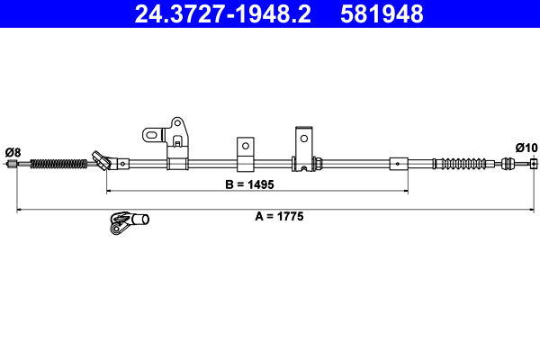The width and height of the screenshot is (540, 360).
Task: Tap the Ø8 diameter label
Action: click(x=13, y=150)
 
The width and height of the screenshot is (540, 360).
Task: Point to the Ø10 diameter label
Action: click(x=526, y=148)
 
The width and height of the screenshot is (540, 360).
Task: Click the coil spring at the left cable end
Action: click(x=59, y=163)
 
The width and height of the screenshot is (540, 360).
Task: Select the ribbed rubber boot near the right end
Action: click(x=464, y=164)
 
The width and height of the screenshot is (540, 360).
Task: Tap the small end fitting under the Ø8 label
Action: click(x=13, y=164)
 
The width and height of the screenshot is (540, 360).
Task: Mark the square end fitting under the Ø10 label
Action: click(x=533, y=163)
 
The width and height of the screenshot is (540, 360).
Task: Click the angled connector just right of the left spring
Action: click(x=103, y=161)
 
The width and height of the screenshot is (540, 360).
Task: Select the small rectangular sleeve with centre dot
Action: click(x=398, y=164)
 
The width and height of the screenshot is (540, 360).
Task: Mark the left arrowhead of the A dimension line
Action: click(x=21, y=210)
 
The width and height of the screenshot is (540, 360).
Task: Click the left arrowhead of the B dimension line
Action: click(x=111, y=192)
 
